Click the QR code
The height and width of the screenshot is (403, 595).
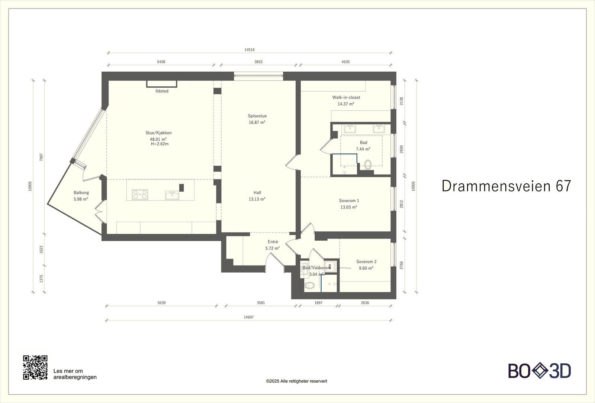pos(35,367)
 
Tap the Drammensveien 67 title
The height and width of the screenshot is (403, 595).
pos(506,186)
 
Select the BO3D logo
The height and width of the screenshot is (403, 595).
pos(540,371)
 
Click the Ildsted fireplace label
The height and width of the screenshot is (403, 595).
pos(162,91)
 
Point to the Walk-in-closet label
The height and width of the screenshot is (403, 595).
pos(346,97)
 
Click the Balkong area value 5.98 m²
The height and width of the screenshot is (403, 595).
pos(81,199)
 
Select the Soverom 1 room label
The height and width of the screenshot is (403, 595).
pos(349,201)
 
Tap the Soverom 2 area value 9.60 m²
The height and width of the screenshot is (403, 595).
pos(366,268)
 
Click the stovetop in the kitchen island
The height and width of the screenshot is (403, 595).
pos(140,195)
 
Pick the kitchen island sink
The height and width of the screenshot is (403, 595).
pos(172,195)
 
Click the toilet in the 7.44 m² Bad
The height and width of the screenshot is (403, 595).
pos(368,165)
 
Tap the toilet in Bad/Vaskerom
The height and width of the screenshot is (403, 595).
pos(309,286)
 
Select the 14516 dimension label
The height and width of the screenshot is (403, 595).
pos(250,50)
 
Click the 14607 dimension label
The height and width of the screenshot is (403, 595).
pos(249,317)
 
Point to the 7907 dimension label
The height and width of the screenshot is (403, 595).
pos(41,157)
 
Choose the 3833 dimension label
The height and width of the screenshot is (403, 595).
pos(258,62)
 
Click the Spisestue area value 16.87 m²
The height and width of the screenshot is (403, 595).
pos(257,122)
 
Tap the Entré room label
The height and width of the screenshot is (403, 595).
pos(273,242)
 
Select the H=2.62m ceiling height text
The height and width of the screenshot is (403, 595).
pos(160,144)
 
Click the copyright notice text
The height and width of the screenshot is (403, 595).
pos(296,381)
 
